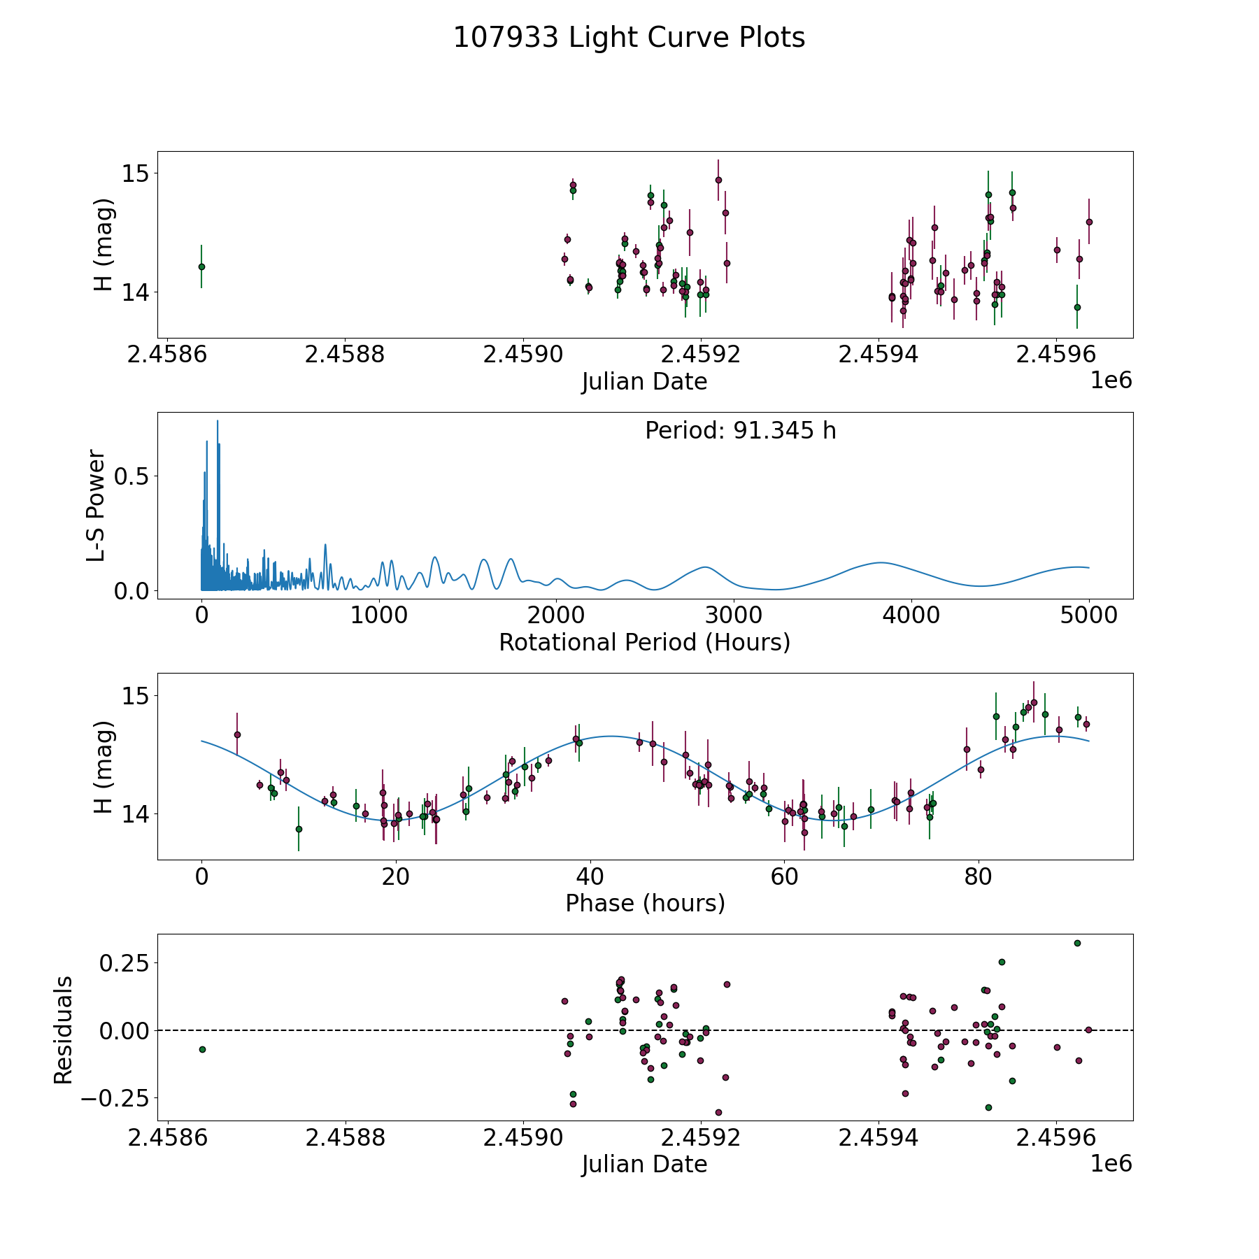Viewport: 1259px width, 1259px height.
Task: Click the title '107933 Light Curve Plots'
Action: pos(629,38)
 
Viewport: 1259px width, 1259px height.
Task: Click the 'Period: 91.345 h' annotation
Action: pos(740,431)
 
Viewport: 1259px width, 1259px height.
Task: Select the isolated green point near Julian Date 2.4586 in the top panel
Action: pos(201,266)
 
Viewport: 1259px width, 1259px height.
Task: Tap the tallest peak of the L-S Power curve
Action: pos(218,421)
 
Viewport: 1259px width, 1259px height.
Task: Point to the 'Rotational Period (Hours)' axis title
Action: pos(644,642)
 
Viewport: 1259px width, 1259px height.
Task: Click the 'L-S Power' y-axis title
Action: pos(97,505)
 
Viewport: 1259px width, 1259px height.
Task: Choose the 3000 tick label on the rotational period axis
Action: pos(734,616)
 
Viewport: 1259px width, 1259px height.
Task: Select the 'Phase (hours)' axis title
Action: pos(645,903)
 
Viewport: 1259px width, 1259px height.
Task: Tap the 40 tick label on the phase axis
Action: pos(590,877)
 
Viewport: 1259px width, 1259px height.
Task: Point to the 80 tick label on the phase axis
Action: pos(979,877)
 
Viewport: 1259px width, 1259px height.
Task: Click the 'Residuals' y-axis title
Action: pos(64,1030)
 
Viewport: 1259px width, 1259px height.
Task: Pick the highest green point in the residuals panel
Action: pos(1077,943)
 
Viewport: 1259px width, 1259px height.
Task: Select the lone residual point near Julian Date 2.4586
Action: pos(202,1049)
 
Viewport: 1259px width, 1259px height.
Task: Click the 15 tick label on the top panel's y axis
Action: pos(136,173)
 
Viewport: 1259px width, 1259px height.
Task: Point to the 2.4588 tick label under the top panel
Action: pos(345,355)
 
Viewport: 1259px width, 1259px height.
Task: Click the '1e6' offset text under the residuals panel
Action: pos(1111,1163)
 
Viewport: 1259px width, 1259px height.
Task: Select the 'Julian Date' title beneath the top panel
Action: pos(644,382)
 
